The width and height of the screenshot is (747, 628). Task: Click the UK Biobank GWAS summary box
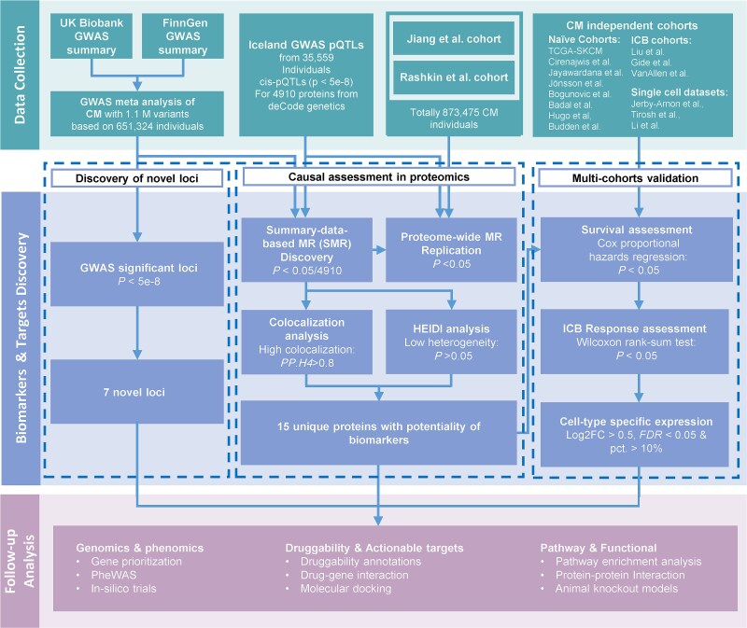coord(92,36)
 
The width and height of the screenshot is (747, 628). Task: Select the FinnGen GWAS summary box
coord(183,36)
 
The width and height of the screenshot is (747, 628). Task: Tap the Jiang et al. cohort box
coord(454,39)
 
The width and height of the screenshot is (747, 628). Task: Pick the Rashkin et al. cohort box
coord(454,77)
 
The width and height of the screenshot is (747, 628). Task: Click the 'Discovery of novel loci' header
coord(136,178)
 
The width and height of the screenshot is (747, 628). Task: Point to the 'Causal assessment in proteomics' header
coord(379,176)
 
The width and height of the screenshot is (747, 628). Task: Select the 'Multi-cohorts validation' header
coord(635,178)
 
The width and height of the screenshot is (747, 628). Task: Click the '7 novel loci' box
coord(137,391)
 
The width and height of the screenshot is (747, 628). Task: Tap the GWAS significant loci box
coord(137,273)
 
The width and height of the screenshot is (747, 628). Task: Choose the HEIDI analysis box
coord(451,342)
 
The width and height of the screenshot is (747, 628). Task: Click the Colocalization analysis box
coord(307,342)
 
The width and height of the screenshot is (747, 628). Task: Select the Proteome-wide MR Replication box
coord(451,250)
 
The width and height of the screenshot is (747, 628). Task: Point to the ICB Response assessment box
coord(635,342)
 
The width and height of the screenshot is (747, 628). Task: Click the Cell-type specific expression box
coord(635,434)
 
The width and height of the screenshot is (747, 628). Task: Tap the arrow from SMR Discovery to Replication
coord(379,249)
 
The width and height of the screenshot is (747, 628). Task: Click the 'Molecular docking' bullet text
coord(345,589)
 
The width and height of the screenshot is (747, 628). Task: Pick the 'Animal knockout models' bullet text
coord(616,589)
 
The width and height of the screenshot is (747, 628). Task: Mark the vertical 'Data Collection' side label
coord(20,75)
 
